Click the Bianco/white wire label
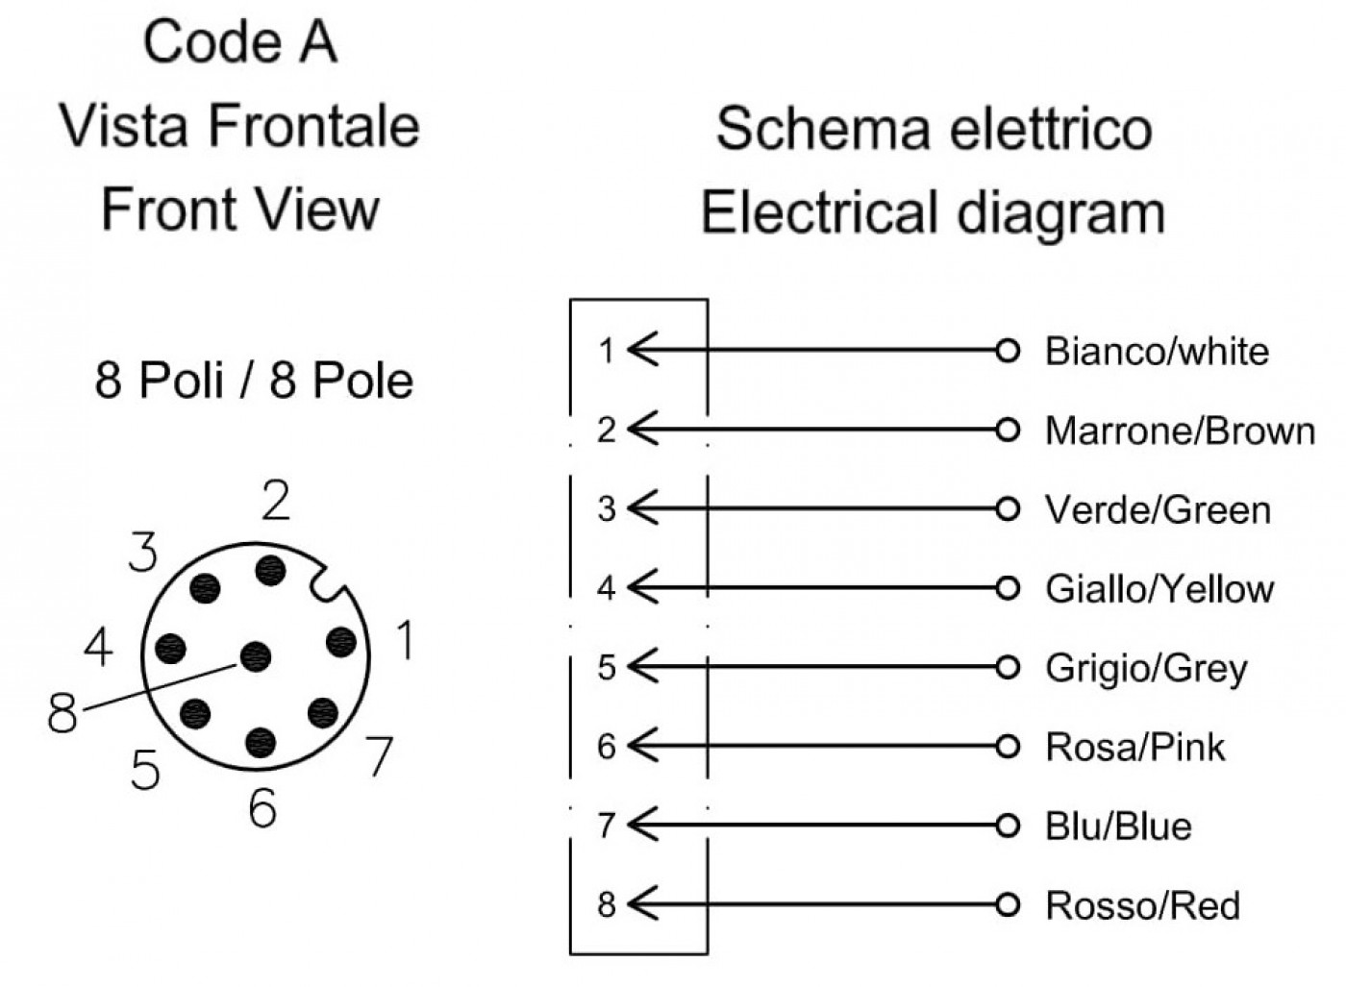point(1157,351)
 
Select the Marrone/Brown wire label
point(1181,431)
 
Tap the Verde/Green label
point(1158,510)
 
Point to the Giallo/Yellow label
point(1159,589)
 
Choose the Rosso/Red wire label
point(1143,905)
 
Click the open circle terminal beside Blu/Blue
point(1008,826)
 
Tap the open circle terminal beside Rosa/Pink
point(1008,747)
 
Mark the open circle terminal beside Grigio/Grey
point(1008,667)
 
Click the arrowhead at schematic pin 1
point(642,349)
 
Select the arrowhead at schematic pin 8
point(642,903)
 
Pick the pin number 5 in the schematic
point(607,667)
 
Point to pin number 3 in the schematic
point(607,509)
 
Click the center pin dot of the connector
point(256,656)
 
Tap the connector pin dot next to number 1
point(341,642)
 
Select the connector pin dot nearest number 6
point(261,742)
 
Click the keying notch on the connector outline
point(328,581)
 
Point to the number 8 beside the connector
point(62,713)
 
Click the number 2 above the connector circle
point(276,500)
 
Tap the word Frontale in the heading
point(313,127)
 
